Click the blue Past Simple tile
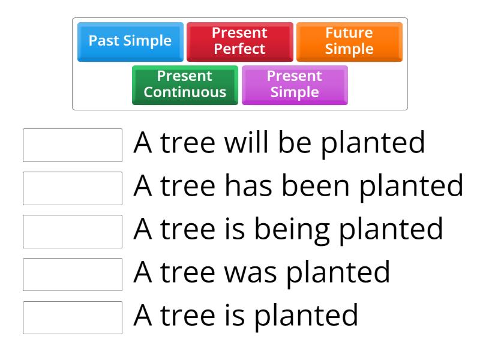tap(130, 41)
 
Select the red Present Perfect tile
tap(239, 41)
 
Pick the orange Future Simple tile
tap(349, 41)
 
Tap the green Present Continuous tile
tap(185, 84)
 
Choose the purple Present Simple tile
tap(294, 84)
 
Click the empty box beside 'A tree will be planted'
tap(73, 145)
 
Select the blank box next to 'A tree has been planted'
tap(73, 188)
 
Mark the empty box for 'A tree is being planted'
tap(73, 231)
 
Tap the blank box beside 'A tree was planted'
tap(73, 274)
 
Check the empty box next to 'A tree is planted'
tap(73, 317)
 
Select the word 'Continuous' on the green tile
tap(185, 92)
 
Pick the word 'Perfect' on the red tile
tap(239, 49)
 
